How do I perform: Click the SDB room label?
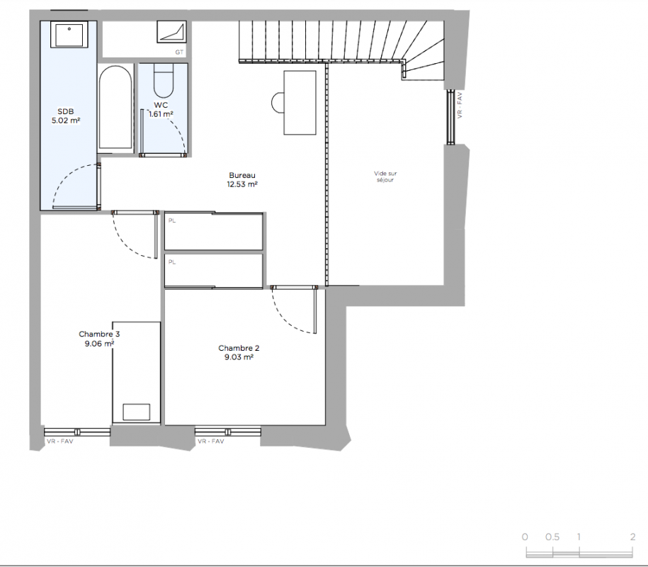point(66,111)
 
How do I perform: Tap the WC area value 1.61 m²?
point(161,114)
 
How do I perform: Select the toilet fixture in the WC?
point(164,81)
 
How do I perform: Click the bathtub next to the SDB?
point(115,108)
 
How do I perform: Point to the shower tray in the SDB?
point(69,35)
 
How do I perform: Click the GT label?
point(179,52)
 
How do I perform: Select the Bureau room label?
point(242,175)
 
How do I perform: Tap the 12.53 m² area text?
point(242,184)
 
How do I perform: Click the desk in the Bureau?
point(300,103)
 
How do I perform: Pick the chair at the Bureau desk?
point(278,103)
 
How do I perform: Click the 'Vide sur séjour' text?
point(385,176)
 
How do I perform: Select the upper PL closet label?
point(172,221)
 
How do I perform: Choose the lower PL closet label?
point(172,262)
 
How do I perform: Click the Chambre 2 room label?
point(239,348)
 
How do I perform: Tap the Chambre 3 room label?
point(99,334)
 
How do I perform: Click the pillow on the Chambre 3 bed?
point(137,412)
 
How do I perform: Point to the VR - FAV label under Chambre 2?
point(211,442)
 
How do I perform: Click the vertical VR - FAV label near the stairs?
point(460,105)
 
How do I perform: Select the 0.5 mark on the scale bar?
point(552,537)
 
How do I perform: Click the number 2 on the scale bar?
point(632,537)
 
